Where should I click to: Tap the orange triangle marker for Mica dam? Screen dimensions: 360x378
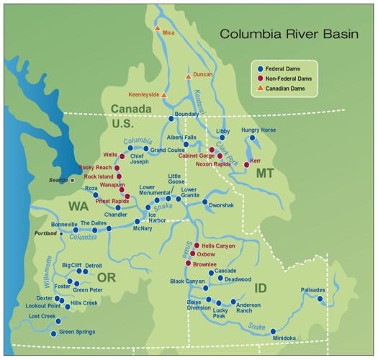point(156,27)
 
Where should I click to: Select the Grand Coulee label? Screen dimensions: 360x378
point(168,150)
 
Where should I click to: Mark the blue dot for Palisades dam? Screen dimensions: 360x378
point(320,298)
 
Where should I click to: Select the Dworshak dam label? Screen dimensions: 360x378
point(222,205)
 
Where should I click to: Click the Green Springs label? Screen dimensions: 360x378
point(77,332)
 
